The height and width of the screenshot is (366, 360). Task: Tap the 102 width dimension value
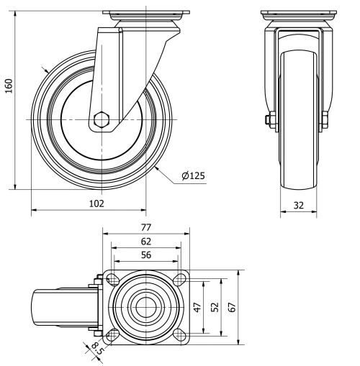coord(96,203)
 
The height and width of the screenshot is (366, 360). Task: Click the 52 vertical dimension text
coord(215,307)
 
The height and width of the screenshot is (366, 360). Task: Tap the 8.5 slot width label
coord(96,349)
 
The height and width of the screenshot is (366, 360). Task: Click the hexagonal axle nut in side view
coord(102,119)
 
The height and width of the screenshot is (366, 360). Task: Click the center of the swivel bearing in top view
coord(146,307)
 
